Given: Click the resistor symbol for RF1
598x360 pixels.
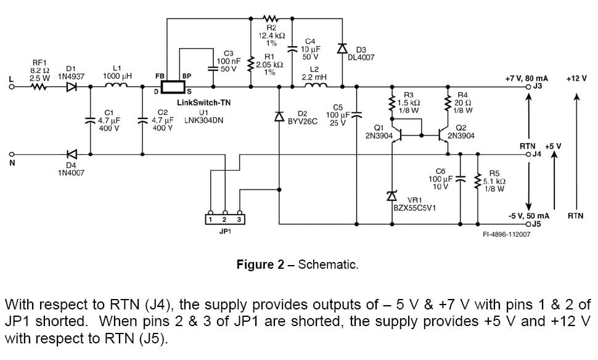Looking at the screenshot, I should tap(39, 87).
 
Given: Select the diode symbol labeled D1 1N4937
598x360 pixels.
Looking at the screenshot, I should tap(72, 87).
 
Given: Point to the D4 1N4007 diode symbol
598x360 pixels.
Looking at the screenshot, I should tap(72, 154).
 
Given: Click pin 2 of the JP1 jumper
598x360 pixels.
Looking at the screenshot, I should tap(224, 219).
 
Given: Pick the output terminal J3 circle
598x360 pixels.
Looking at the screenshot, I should tap(528, 87).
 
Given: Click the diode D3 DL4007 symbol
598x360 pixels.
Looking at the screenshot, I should tap(342, 49).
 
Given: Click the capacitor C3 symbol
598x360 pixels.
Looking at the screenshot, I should tap(214, 68).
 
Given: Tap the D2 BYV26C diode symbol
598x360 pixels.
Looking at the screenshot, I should tap(279, 117).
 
